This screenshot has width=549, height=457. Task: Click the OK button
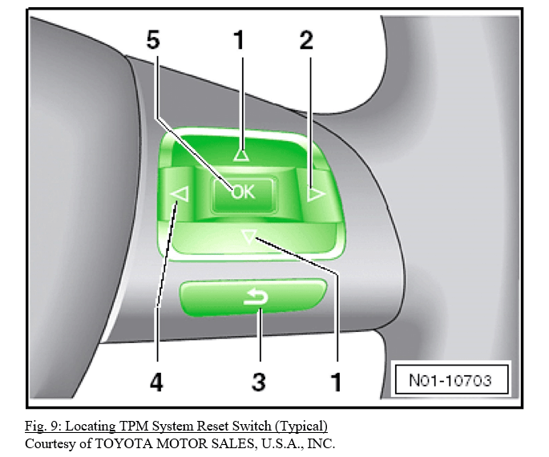click(243, 195)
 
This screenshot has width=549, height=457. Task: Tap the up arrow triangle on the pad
click(241, 155)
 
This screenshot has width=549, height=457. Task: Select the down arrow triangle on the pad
click(249, 237)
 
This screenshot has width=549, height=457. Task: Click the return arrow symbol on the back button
click(256, 298)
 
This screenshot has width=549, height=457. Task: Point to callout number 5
click(153, 40)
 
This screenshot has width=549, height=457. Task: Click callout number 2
click(306, 40)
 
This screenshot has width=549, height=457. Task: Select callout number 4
click(156, 382)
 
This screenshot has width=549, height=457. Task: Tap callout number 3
click(259, 382)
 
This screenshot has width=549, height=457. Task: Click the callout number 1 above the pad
click(239, 40)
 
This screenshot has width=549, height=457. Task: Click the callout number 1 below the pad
click(336, 382)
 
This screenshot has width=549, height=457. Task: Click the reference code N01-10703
click(450, 380)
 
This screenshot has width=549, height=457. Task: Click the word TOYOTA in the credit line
click(124, 443)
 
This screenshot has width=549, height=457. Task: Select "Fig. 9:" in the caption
click(43, 427)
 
